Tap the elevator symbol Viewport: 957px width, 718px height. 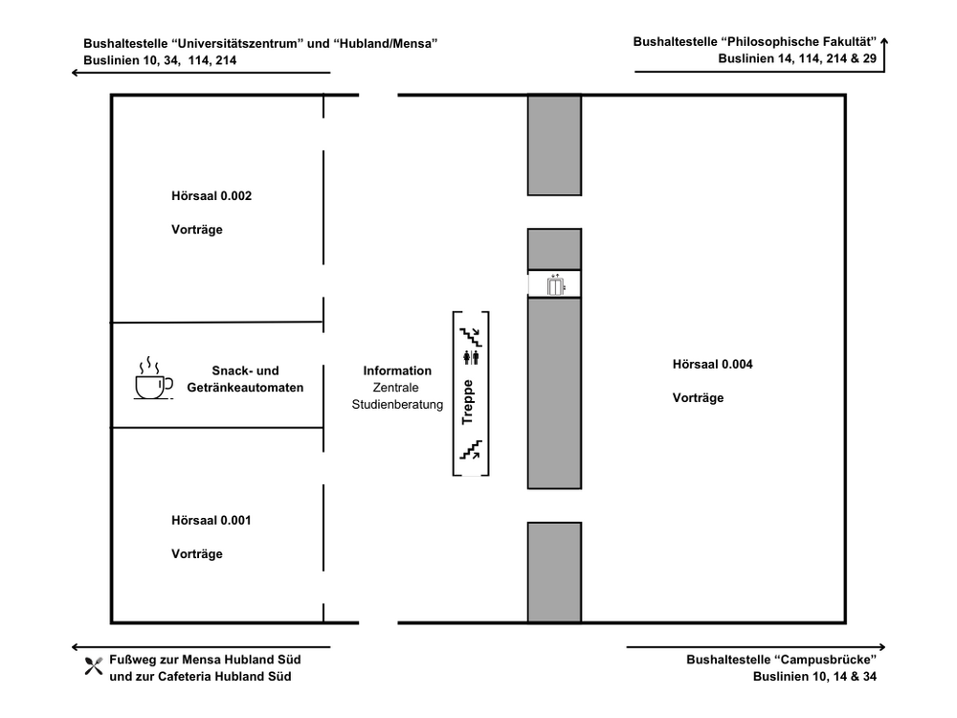(555, 284)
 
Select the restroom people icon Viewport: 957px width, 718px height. (470, 358)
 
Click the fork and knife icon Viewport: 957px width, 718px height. (93, 667)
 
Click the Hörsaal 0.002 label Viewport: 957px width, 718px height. (211, 196)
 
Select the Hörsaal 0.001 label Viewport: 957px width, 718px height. (211, 521)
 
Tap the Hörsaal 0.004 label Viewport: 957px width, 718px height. (712, 364)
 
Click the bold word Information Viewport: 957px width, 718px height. (397, 370)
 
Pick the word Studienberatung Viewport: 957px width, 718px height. (397, 405)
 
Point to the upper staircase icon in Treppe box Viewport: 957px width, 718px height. (471, 336)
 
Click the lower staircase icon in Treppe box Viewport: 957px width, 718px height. (470, 449)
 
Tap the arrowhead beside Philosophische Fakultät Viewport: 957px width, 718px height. (884, 41)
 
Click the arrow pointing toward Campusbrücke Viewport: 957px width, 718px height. (756, 648)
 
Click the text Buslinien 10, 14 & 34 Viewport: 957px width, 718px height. (814, 677)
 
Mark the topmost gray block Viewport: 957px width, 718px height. (554, 145)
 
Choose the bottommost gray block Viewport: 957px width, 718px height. (554, 572)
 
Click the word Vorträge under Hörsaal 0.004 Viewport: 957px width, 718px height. (699, 398)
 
